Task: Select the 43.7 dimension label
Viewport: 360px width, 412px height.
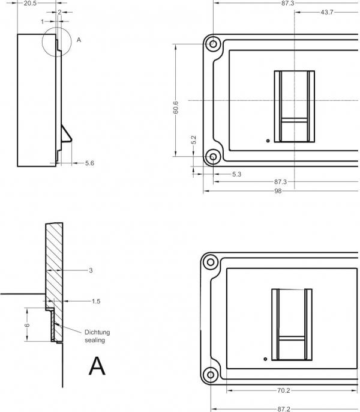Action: click(328, 12)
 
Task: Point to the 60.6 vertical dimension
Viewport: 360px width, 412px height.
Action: click(175, 107)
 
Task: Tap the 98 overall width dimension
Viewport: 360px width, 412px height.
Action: click(278, 191)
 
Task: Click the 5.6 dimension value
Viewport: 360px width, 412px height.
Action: click(89, 163)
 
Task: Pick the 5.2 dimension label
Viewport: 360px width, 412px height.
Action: click(193, 139)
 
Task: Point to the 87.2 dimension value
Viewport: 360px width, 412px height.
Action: click(284, 408)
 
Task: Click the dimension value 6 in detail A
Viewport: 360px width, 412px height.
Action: click(27, 325)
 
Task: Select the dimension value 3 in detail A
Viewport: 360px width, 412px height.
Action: click(91, 271)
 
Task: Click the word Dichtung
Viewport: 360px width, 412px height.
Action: click(97, 332)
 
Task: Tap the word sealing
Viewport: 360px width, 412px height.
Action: click(95, 340)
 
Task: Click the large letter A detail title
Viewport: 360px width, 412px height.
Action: click(97, 365)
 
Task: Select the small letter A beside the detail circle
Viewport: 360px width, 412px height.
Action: click(79, 40)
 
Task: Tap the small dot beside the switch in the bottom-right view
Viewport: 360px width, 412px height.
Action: click(265, 359)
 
